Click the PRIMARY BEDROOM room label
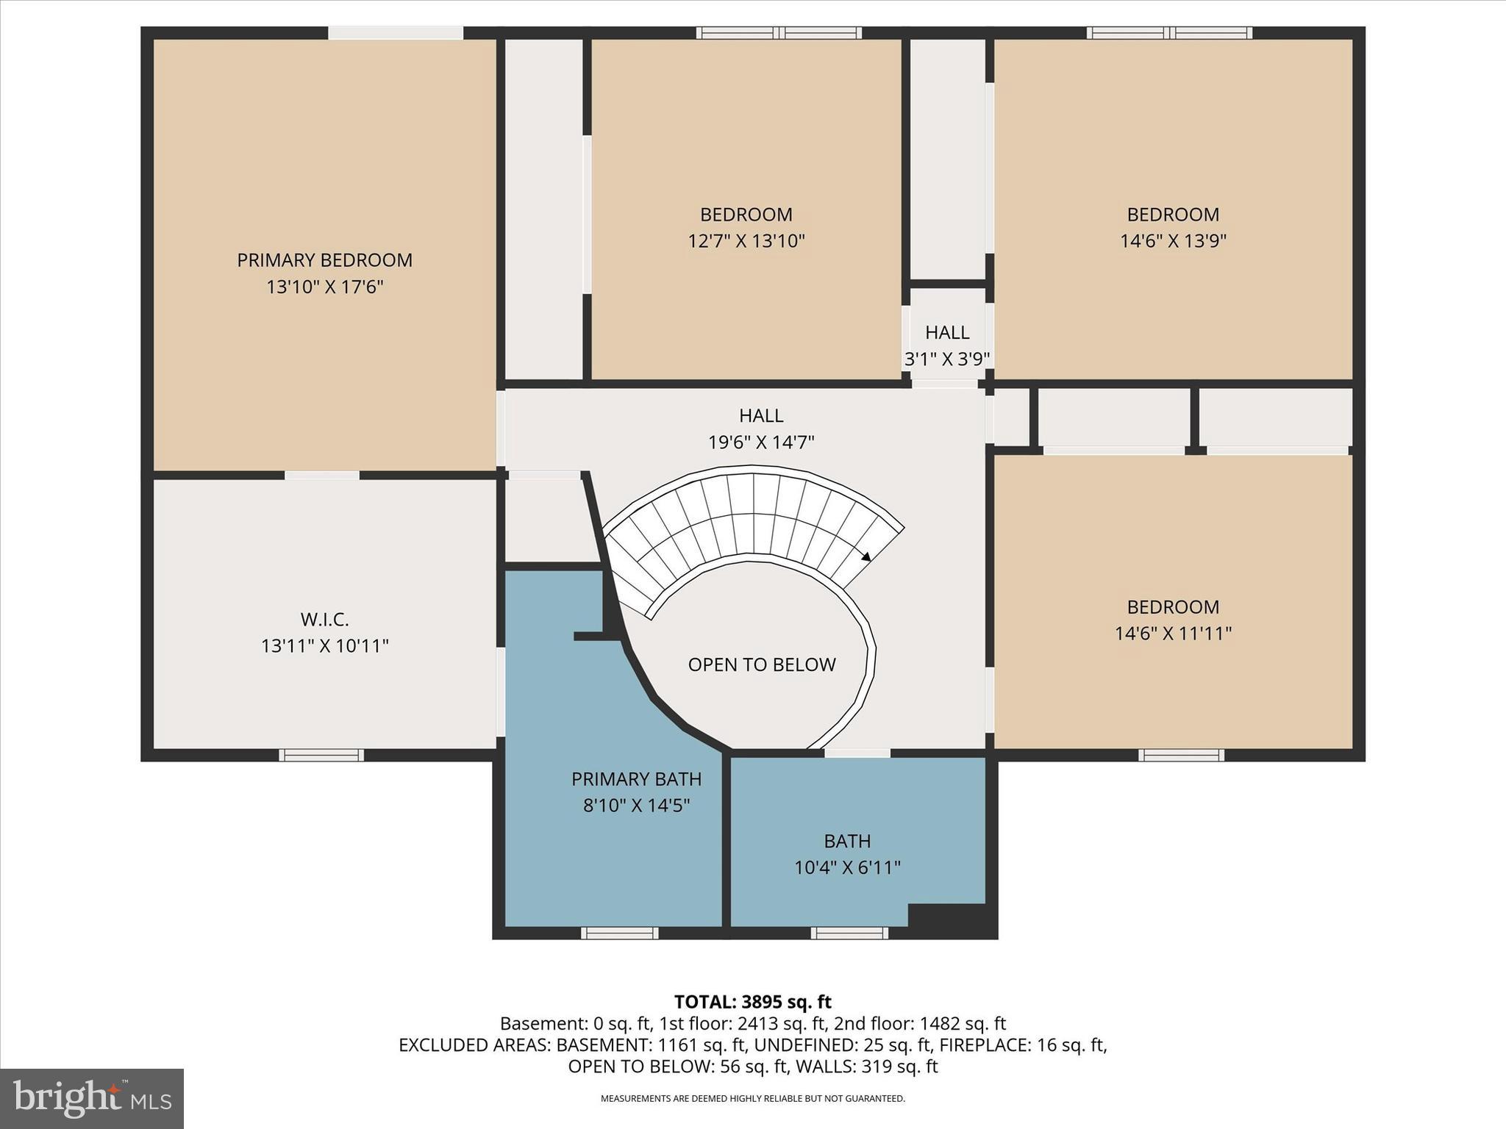[x=324, y=260]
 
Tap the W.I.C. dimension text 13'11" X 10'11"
[x=324, y=646]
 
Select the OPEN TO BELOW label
[x=762, y=664]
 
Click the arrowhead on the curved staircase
[x=866, y=556]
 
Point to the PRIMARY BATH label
[x=636, y=779]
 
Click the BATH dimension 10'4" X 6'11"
[x=847, y=868]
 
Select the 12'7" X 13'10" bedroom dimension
[x=746, y=241]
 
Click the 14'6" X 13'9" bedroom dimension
[x=1173, y=241]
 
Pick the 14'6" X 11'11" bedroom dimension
[x=1173, y=634]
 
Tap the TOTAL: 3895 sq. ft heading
[x=752, y=1002]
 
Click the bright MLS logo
[x=92, y=1099]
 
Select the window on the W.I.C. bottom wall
[x=321, y=755]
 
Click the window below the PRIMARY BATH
[x=619, y=933]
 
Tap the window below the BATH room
[x=849, y=933]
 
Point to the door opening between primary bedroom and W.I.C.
[x=322, y=476]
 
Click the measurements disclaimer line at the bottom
[x=752, y=1099]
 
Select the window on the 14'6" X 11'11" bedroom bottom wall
[x=1181, y=755]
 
